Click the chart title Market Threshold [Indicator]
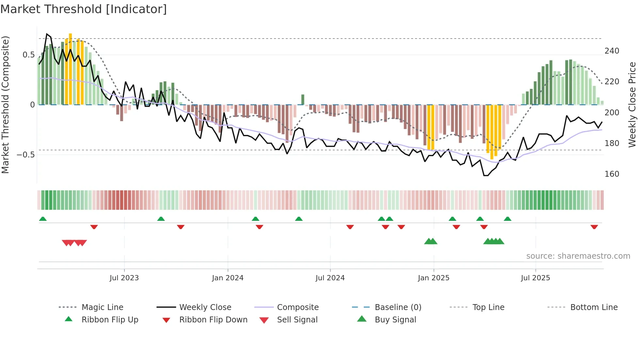point(84,9)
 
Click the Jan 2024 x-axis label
point(228,278)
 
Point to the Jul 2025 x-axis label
point(535,278)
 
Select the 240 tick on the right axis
point(612,51)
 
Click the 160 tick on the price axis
point(612,174)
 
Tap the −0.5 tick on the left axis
point(25,155)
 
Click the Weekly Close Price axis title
point(632,105)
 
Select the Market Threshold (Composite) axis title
point(5,105)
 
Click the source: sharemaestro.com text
point(578,256)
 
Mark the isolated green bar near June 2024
point(303,99)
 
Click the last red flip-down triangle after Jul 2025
point(594,227)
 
